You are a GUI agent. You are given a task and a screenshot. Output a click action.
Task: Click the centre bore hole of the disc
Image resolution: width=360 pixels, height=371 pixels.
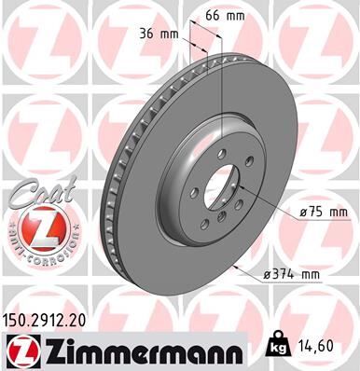[215, 190]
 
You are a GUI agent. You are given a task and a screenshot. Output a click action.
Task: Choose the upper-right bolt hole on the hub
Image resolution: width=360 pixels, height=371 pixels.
[241, 169]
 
